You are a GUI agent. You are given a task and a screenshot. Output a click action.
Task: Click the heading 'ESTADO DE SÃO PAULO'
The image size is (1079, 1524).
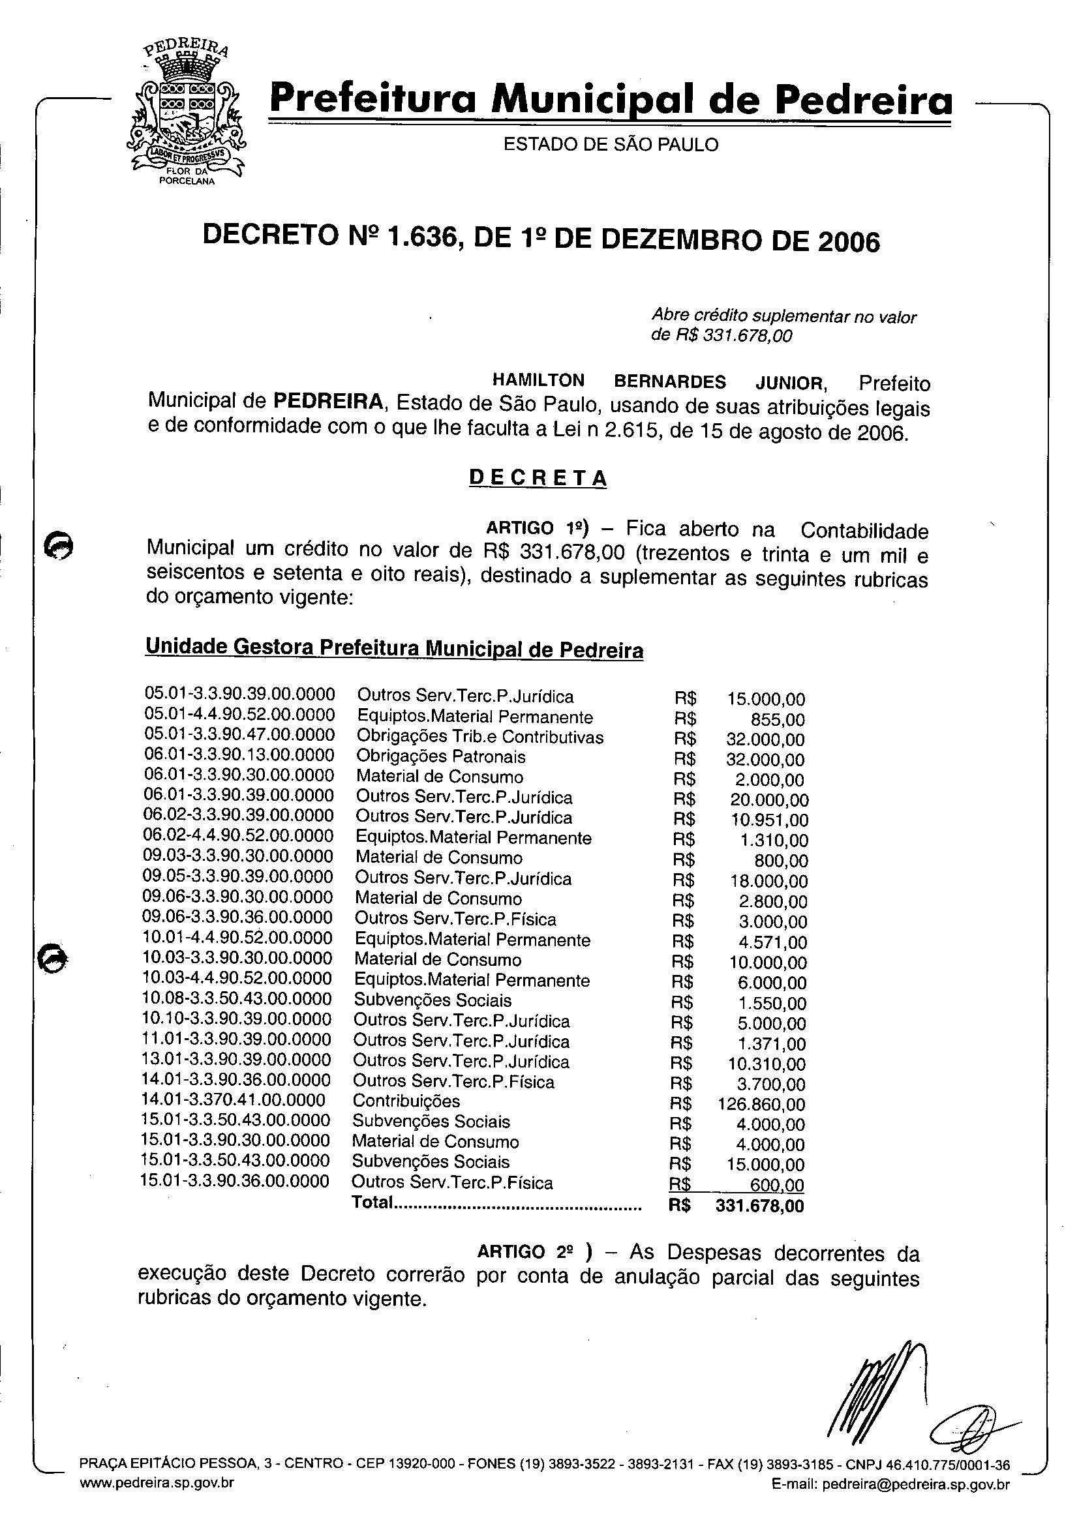point(611,145)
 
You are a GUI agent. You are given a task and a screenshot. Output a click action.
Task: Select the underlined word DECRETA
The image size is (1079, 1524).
point(538,478)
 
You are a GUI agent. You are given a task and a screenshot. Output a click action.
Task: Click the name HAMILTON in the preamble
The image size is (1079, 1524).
point(538,380)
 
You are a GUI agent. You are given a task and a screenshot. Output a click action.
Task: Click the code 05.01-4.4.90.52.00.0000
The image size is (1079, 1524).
point(239,715)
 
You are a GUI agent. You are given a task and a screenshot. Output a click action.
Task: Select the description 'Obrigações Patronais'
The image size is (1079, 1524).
point(440,757)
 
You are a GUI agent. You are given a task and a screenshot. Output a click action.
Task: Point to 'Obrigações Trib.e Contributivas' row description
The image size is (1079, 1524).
point(479,737)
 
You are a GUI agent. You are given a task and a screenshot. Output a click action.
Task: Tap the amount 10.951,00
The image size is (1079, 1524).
point(768,821)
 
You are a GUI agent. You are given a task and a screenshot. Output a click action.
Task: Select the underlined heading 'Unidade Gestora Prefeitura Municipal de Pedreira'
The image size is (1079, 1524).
point(394,648)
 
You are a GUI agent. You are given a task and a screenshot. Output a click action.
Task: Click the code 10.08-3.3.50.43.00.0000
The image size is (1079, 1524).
point(237,999)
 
